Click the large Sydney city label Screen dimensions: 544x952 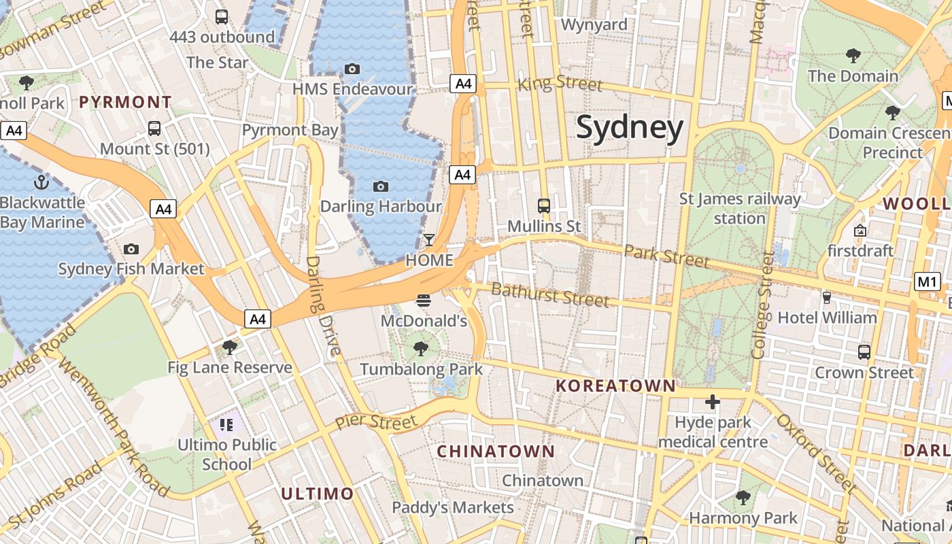click(x=630, y=128)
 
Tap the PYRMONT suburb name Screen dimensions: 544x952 click(x=126, y=103)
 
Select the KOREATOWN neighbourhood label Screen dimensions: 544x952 click(x=615, y=386)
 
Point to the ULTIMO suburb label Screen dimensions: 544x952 click(x=318, y=494)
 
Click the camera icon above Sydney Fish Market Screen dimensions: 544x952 click(x=131, y=250)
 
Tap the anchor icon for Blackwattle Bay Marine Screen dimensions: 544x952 click(x=42, y=182)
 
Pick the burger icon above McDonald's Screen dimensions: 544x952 click(x=424, y=301)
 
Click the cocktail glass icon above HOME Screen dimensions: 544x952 click(x=429, y=240)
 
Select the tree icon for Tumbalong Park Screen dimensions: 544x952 click(x=421, y=350)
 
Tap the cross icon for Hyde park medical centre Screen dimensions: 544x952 click(x=713, y=403)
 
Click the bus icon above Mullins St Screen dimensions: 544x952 click(x=544, y=205)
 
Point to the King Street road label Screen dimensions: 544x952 click(x=560, y=84)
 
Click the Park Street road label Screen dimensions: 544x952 click(x=666, y=257)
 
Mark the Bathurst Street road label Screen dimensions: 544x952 click(x=549, y=295)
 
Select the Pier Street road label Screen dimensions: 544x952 click(x=376, y=422)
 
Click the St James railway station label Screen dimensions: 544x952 click(x=740, y=209)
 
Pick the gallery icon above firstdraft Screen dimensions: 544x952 click(x=860, y=231)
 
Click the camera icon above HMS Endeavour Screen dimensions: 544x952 click(x=352, y=69)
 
